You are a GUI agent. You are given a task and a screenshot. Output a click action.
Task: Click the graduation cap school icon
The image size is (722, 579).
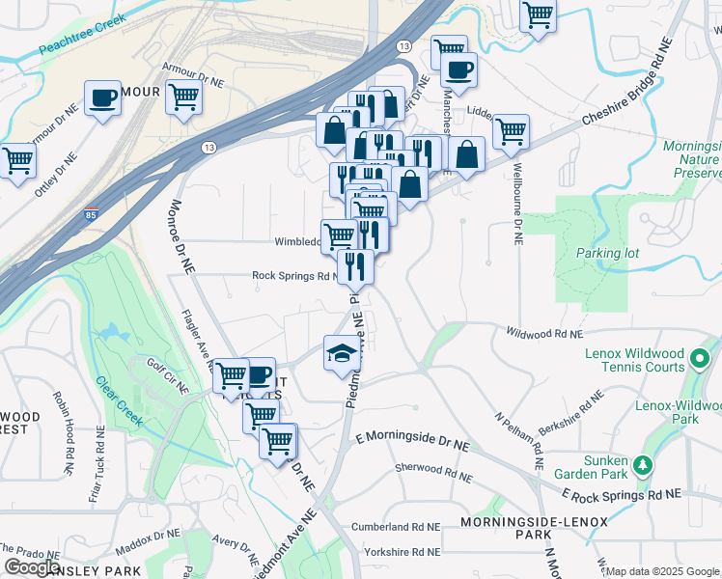[x=341, y=352]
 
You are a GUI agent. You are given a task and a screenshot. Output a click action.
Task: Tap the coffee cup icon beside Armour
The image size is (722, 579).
[x=100, y=96]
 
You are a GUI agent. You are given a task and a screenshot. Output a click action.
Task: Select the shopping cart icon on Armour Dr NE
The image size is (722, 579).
[x=183, y=96]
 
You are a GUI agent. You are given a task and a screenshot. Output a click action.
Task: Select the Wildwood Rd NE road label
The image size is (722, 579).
[x=544, y=333]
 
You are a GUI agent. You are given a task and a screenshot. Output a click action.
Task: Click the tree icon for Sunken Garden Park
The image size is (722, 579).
[x=642, y=466]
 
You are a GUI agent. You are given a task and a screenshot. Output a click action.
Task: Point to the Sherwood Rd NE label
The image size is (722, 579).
[x=433, y=472]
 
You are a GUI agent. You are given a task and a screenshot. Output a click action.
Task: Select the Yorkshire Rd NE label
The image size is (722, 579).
[x=402, y=552]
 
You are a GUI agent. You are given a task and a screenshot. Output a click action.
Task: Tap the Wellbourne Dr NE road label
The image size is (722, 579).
[x=514, y=207]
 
